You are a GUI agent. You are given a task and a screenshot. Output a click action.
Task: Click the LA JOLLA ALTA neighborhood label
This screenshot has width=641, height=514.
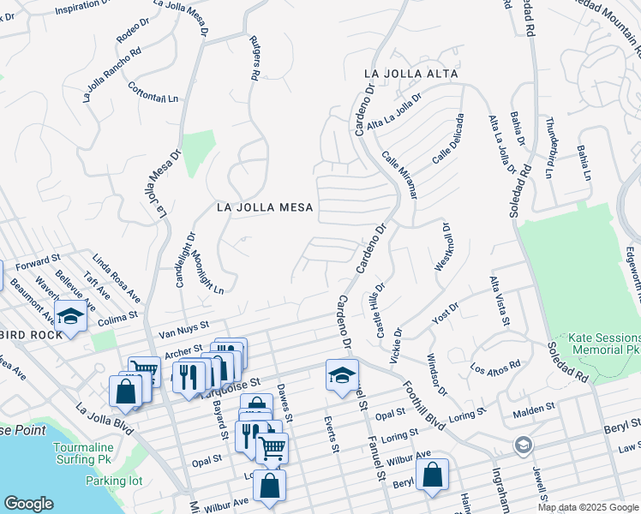click(x=410, y=75)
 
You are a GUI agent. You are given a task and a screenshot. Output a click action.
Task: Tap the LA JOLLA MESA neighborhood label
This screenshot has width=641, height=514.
click(x=265, y=207)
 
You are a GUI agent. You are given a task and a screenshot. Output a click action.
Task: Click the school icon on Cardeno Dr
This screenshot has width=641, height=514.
click(x=342, y=374)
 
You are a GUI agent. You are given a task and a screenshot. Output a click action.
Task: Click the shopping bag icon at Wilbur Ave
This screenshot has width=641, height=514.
click(x=269, y=485)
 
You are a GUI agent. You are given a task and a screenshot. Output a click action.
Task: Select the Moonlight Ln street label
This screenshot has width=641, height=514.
click(x=207, y=273)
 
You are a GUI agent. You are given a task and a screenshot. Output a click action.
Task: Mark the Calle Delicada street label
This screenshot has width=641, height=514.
click(x=449, y=138)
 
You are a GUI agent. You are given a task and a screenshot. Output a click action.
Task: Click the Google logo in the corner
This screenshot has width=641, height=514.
click(x=28, y=504)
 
